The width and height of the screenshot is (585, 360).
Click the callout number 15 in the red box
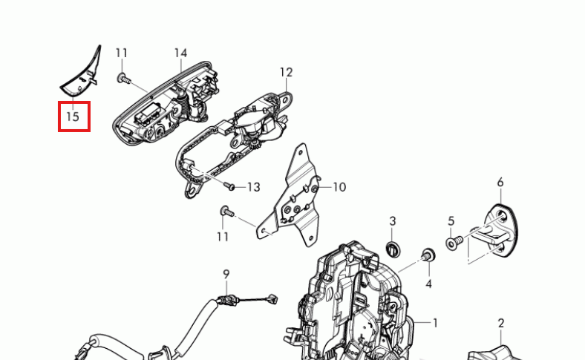point(73,117)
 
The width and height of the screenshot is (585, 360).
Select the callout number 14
point(180,53)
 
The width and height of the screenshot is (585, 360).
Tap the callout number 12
point(286,73)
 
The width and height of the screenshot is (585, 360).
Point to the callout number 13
point(254,187)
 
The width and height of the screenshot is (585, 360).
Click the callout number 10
point(339,187)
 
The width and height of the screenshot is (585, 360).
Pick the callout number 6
point(500,183)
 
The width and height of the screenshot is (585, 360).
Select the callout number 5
point(451,221)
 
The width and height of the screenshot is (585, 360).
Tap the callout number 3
point(393,221)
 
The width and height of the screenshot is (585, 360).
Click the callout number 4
point(428,284)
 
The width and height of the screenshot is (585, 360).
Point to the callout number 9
point(226,275)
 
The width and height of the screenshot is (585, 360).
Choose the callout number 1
point(435,323)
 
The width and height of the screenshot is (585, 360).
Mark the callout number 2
point(501,323)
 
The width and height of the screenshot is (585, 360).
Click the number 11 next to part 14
point(122,53)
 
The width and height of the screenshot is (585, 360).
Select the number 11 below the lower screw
point(223,237)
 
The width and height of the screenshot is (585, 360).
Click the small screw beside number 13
point(229,186)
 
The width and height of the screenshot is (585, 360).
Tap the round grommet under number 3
point(393,249)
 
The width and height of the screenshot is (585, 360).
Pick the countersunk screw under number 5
point(454,242)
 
